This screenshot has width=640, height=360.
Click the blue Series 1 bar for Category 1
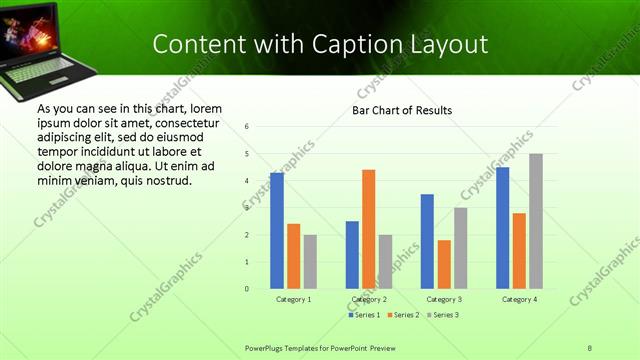tap(277, 231)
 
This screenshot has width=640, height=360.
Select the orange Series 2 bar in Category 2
tap(368, 229)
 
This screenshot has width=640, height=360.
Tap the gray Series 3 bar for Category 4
tap(536, 221)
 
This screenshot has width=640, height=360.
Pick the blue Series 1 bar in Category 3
tap(427, 241)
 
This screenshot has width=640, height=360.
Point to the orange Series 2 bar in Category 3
tap(444, 264)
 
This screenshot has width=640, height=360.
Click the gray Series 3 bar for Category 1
tap(310, 262)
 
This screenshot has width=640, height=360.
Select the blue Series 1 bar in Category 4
tap(502, 228)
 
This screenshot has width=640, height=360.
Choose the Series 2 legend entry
tap(403, 315)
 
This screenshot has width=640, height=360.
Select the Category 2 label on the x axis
tap(368, 299)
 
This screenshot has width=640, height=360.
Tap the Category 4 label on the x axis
tap(518, 299)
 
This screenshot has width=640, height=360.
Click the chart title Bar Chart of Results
tap(402, 110)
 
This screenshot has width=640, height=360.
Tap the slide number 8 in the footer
tap(590, 347)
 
